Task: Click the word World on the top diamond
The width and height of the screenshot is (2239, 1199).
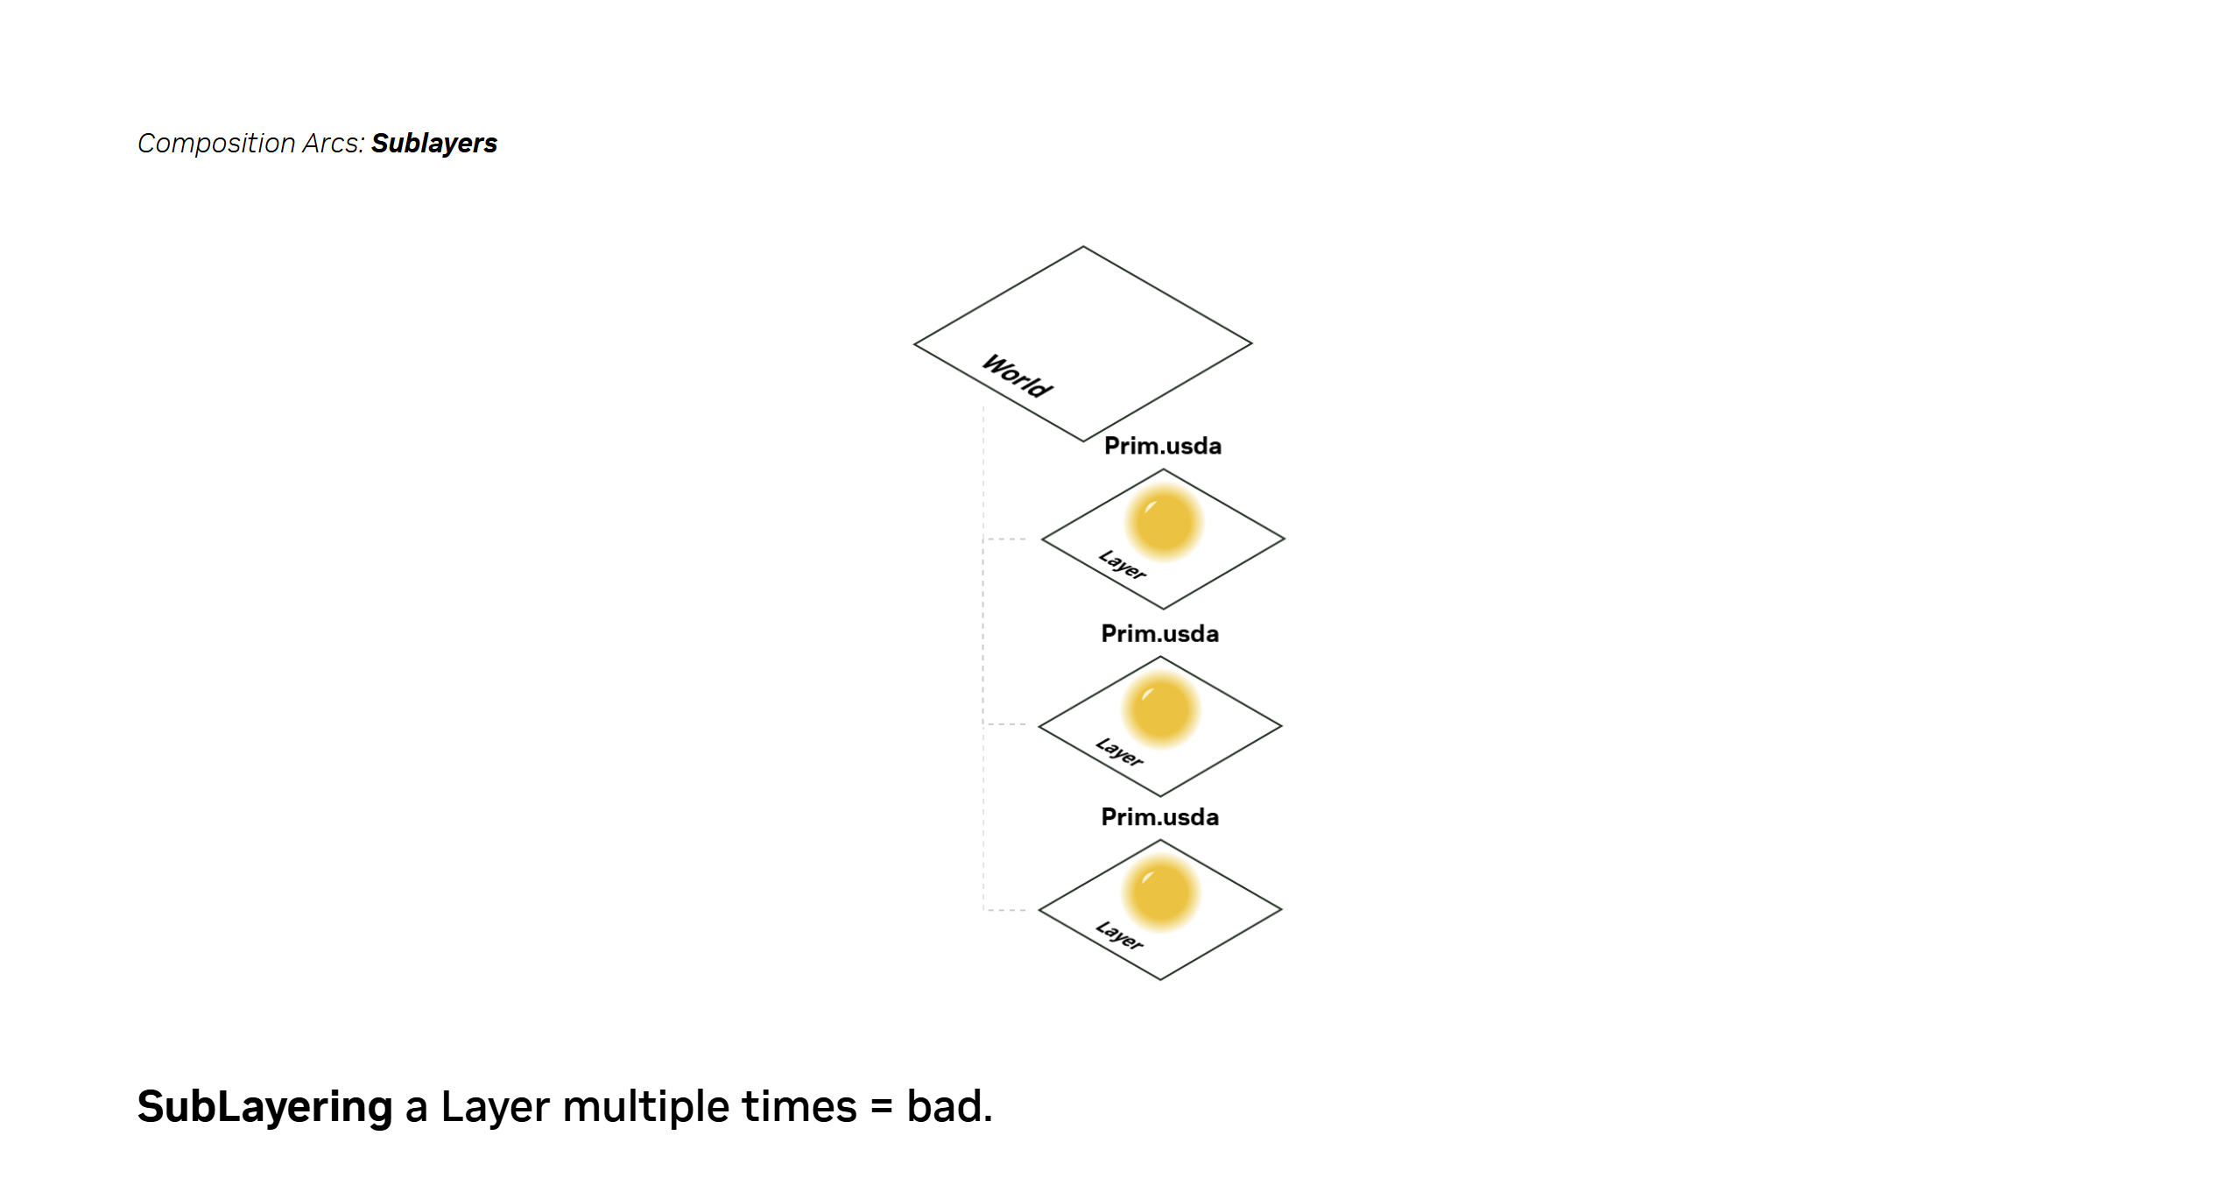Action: (1017, 376)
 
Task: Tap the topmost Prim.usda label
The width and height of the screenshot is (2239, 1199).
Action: (1162, 446)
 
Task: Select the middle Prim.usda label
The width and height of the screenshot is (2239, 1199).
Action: (1159, 633)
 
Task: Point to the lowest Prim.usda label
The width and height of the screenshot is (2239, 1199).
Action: (1159, 817)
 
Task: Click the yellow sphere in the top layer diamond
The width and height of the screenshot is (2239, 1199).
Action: (1164, 522)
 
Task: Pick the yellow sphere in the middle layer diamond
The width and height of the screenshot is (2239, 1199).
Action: (1161, 709)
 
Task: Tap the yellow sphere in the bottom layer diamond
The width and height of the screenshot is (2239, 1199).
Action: (1161, 893)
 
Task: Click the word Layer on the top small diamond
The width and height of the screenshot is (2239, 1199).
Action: (1123, 565)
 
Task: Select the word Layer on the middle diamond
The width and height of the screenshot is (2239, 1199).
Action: (1119, 751)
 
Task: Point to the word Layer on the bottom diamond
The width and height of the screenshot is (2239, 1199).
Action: (1119, 935)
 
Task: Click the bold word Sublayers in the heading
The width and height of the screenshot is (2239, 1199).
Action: (434, 144)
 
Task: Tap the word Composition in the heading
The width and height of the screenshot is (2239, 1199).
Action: (216, 144)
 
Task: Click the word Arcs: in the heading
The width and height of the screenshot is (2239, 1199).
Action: (334, 143)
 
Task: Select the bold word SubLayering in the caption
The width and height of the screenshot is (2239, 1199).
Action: (265, 1107)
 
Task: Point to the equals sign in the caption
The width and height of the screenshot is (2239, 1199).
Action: (882, 1108)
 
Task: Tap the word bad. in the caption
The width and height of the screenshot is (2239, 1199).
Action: (950, 1106)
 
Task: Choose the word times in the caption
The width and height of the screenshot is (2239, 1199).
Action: (799, 1106)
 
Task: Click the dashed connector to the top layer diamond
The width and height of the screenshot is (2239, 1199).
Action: (1006, 540)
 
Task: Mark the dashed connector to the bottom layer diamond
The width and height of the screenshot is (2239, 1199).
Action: (1006, 910)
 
